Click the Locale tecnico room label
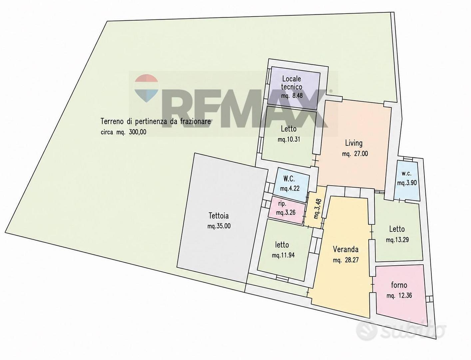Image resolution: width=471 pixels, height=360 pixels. (291, 83)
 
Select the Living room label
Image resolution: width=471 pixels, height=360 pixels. (354, 143)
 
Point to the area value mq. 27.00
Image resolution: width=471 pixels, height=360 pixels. (355, 154)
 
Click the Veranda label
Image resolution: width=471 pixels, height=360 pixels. (346, 249)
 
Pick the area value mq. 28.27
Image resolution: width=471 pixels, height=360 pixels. (346, 260)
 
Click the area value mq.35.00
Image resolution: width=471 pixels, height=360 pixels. (219, 226)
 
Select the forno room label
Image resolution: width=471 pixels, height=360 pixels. (399, 285)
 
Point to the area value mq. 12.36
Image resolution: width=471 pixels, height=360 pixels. (399, 296)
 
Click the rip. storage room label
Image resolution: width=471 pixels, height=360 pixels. (282, 204)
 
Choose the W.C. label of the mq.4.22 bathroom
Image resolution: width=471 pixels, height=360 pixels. (289, 178)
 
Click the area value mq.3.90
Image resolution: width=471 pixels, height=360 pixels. (407, 183)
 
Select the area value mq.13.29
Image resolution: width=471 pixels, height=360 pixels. (397, 240)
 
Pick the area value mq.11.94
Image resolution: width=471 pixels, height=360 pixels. (283, 255)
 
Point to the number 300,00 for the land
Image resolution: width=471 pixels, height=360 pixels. (138, 132)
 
